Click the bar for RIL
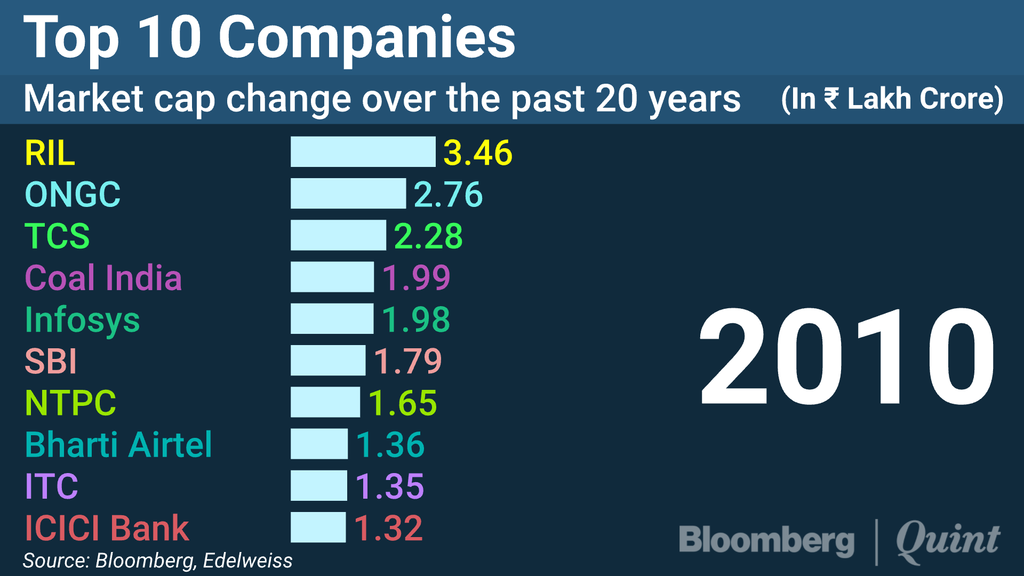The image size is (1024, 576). coord(363,152)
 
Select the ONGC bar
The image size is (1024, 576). coord(348,194)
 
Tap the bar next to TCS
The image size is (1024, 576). coord(338,235)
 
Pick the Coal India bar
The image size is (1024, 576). coord(332,277)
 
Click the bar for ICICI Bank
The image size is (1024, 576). coord(318,527)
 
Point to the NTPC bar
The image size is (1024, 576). coord(325,402)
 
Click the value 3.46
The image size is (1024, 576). coord(478,153)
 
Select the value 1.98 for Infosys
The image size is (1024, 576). coord(416,319)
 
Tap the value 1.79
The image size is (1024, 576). coord(408,361)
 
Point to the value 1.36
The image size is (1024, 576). coord(390,444)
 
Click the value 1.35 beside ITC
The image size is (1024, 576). coord(390,486)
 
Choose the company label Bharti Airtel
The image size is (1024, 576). coord(118,444)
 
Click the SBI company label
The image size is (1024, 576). coord(51,361)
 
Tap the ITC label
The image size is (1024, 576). coord(52,486)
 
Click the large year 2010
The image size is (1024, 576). coord(847,357)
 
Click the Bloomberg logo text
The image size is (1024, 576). coord(766,540)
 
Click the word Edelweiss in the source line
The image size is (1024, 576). coord(247,561)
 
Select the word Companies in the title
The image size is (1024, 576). coord(367,37)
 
